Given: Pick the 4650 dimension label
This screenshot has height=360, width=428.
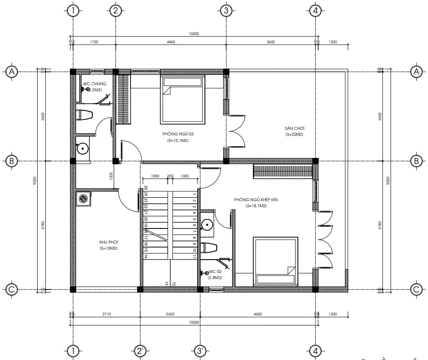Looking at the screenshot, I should [x=258, y=314].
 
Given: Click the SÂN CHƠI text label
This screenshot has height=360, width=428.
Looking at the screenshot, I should [x=294, y=129].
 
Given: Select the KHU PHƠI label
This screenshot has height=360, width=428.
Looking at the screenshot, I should [x=109, y=242].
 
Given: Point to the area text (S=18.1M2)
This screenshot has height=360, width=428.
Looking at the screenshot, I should [x=256, y=206].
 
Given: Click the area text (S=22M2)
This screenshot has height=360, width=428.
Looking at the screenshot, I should [x=294, y=135].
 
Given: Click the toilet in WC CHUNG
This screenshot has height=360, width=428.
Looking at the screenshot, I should [x=84, y=115].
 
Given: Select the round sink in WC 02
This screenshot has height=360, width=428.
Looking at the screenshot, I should [x=208, y=224].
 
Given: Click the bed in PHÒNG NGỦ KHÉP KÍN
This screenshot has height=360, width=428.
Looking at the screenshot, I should [x=275, y=261].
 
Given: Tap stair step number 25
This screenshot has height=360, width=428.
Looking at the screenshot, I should [x=146, y=188].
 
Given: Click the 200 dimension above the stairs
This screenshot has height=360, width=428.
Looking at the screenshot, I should [x=170, y=176].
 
